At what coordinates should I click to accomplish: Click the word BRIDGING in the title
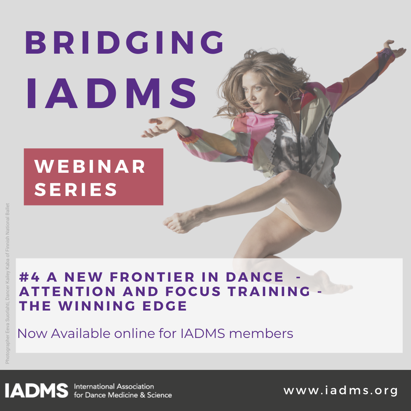point(124,43)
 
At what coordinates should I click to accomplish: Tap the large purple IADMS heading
point(111,94)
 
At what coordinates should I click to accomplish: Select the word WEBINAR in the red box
point(90,166)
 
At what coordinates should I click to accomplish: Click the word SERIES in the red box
point(75,189)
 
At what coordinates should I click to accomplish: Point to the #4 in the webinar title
point(29,277)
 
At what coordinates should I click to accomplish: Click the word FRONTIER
point(152,277)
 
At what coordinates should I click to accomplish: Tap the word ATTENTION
point(67,292)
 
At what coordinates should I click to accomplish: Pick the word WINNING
point(97,306)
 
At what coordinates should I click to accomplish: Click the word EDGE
point(165,306)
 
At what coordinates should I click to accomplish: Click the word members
point(261,333)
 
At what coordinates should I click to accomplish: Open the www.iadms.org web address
point(341,390)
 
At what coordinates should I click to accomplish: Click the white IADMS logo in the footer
point(37,390)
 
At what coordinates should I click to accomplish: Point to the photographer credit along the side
point(7,284)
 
